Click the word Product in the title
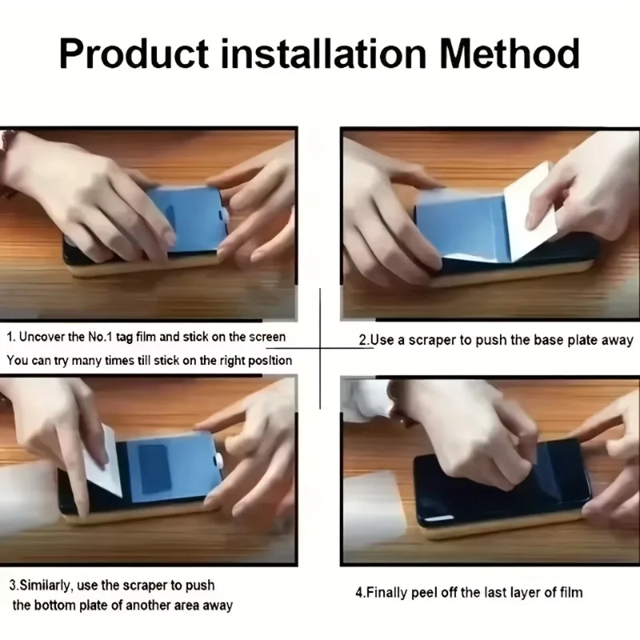pos(134,54)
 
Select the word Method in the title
pos(510,54)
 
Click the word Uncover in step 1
pos(42,337)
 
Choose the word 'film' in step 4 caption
pos(571,592)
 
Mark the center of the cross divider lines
pos(320,348)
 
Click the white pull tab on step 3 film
pos(219,461)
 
